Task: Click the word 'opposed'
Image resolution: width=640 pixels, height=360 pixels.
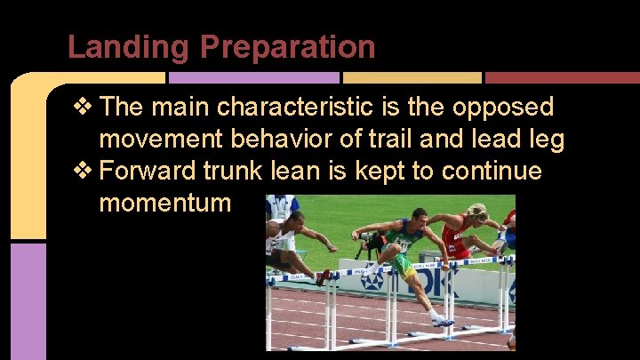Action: tap(503, 108)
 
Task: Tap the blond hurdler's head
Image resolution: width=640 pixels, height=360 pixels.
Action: tap(477, 212)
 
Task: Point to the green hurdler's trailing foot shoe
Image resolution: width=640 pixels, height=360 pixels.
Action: tap(442, 320)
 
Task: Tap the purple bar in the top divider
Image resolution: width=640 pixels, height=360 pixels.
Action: tap(266, 78)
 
